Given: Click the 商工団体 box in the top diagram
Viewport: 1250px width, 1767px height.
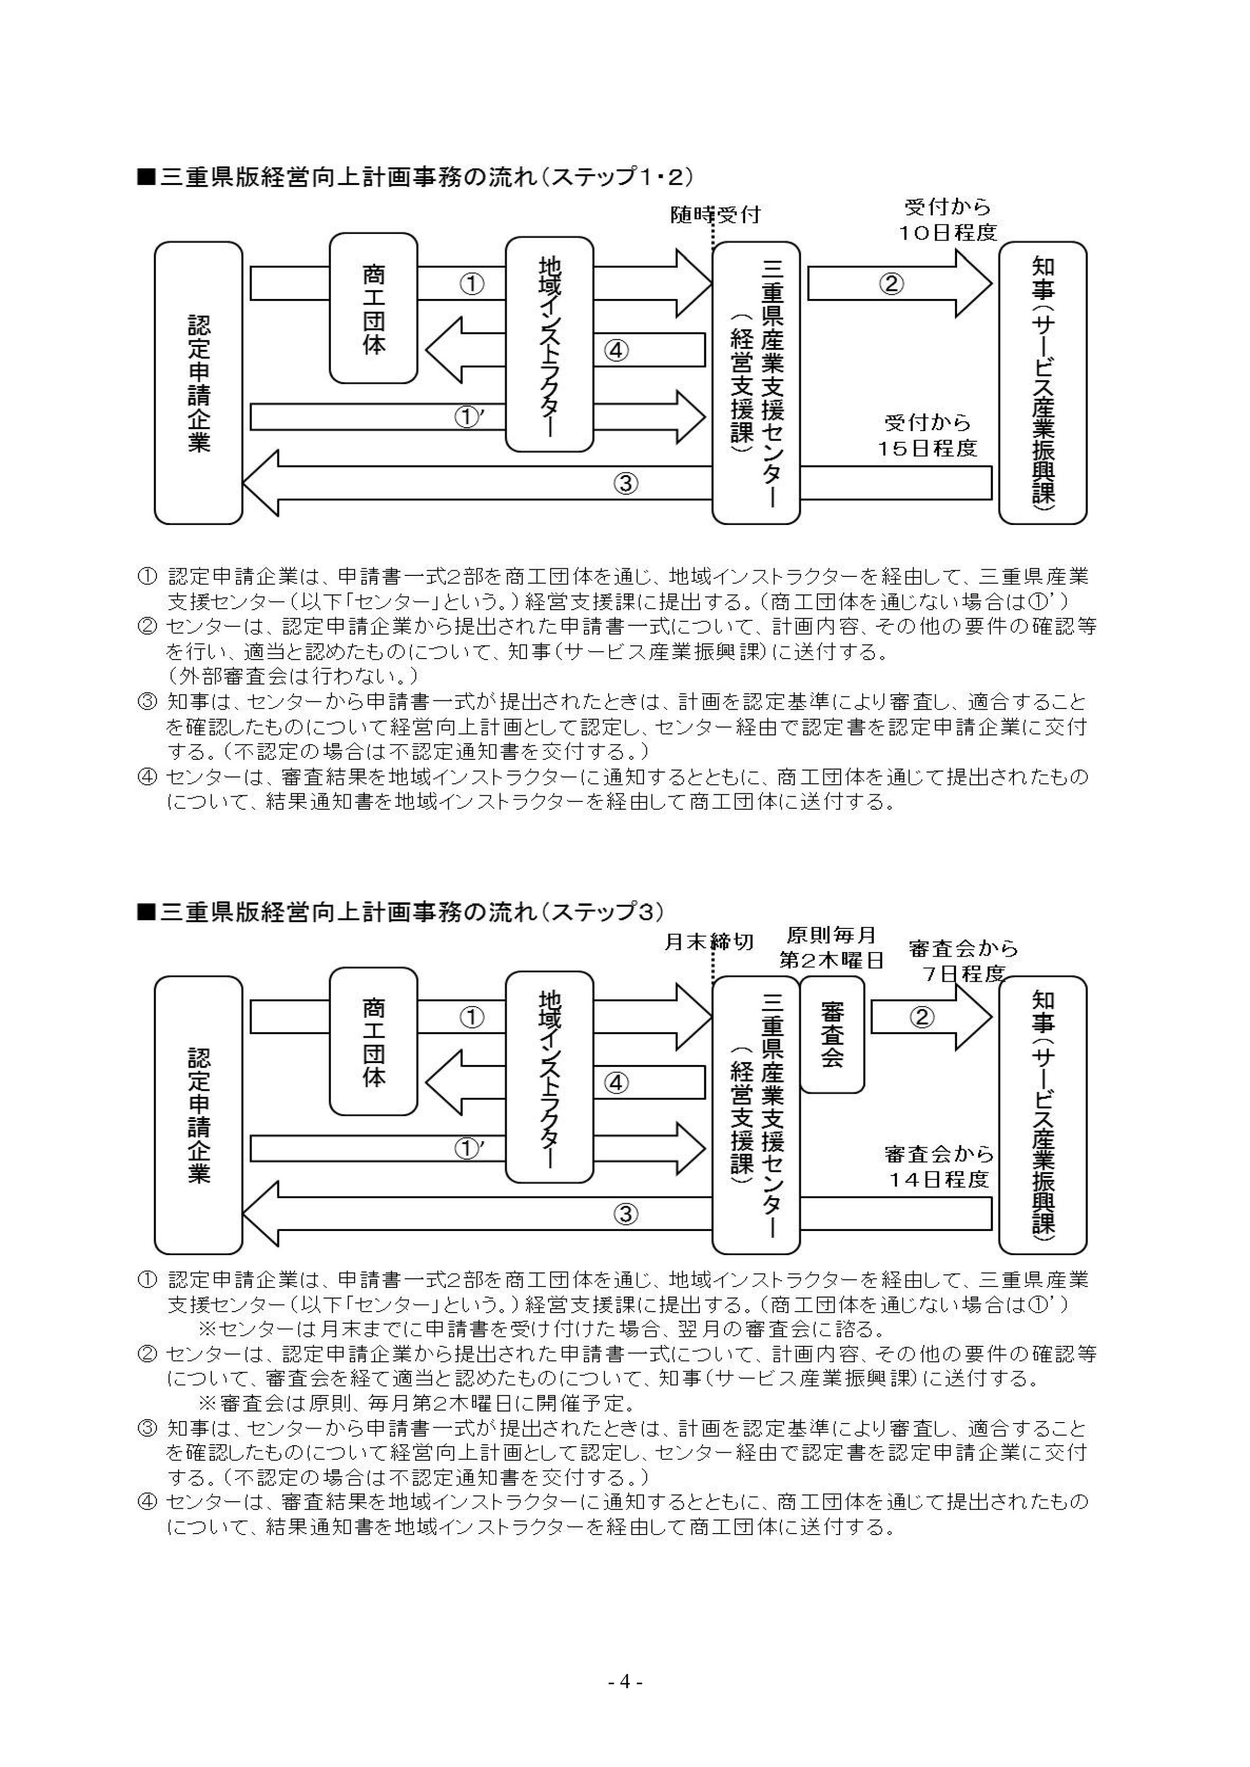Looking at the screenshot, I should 373,309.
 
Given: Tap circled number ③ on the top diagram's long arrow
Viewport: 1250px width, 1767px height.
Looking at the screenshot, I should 626,484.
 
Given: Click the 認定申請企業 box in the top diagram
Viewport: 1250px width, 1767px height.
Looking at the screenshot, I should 199,382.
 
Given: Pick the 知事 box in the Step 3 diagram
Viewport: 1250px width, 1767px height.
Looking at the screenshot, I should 1042,1115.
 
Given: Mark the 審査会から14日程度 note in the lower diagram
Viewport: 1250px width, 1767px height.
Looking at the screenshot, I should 939,1166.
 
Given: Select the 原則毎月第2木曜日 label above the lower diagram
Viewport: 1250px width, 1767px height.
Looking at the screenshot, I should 831,948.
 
